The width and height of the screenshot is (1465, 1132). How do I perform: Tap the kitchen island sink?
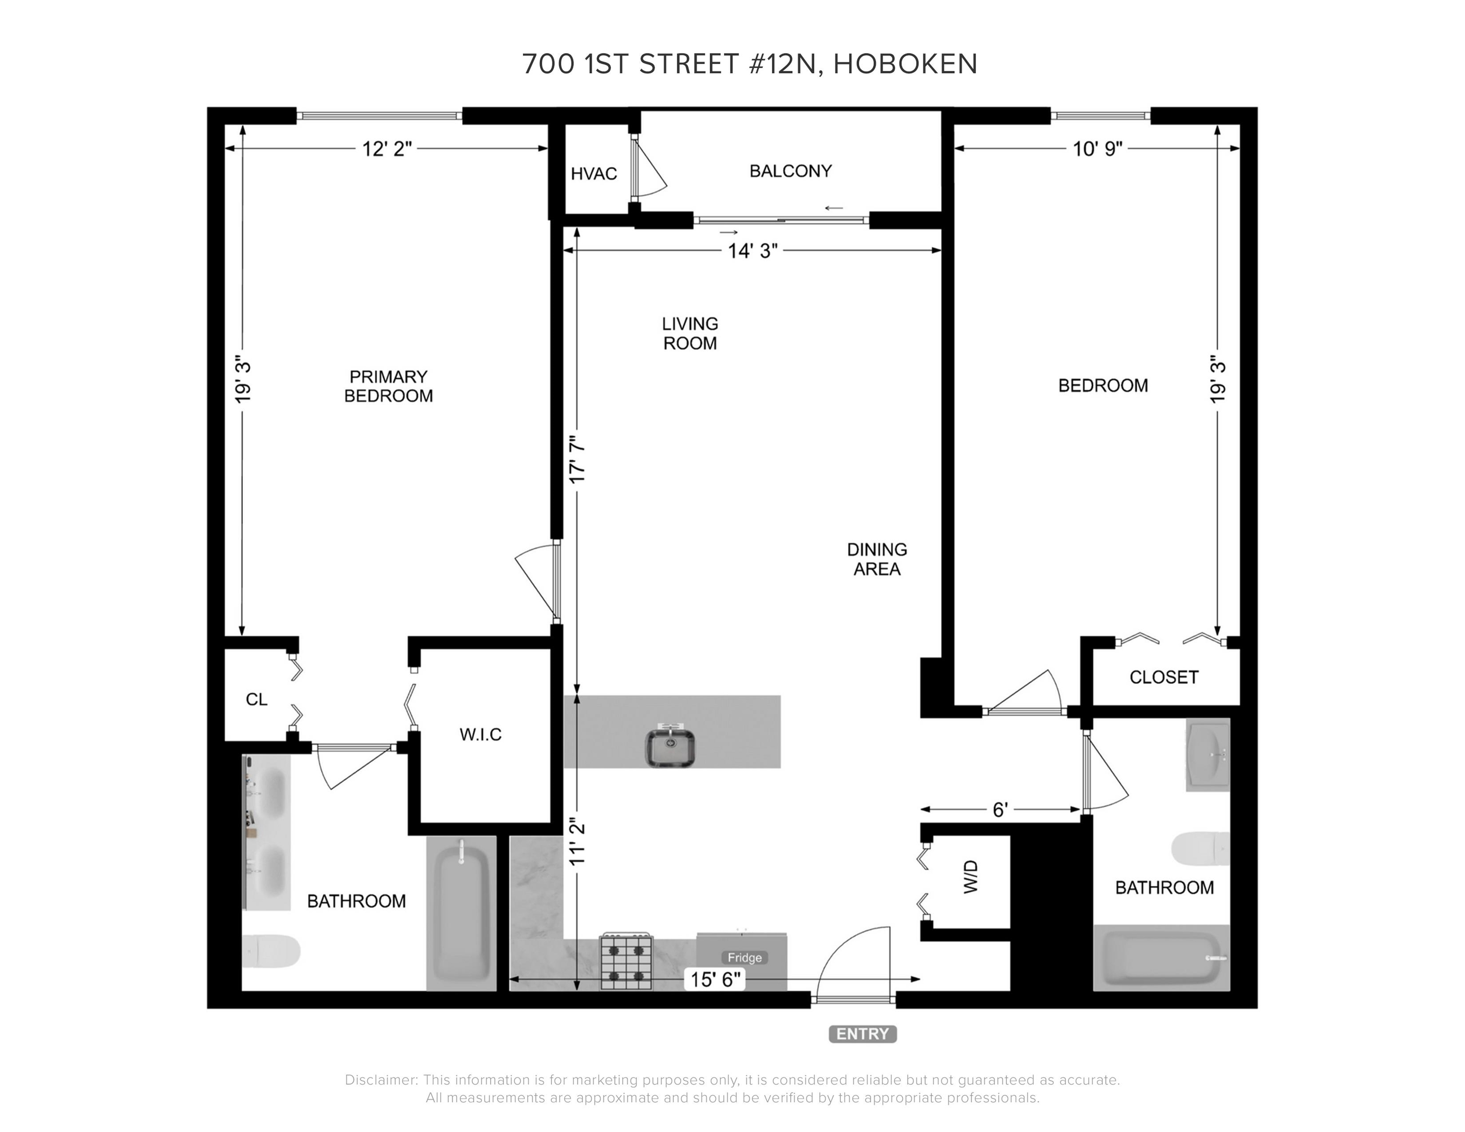[670, 746]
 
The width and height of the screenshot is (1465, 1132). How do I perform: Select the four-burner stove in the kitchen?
[626, 961]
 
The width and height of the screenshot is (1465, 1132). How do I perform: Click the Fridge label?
[744, 958]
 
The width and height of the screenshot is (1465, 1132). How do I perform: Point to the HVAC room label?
[594, 174]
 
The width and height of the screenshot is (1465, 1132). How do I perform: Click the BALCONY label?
[790, 171]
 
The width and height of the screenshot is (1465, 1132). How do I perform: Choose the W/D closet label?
[971, 877]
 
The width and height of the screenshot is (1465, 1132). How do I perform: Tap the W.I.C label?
[480, 735]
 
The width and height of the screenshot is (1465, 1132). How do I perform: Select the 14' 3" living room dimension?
[752, 251]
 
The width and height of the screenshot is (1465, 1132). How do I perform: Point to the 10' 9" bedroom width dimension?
[1097, 149]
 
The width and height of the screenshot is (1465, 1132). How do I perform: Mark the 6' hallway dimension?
[1000, 810]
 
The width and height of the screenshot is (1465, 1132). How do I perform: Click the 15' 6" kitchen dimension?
[716, 980]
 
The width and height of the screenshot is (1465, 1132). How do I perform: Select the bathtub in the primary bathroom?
[461, 913]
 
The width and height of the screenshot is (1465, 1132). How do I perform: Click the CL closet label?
[256, 700]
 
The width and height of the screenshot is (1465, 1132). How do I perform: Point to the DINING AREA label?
[877, 559]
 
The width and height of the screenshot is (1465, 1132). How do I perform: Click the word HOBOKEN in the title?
[906, 64]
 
